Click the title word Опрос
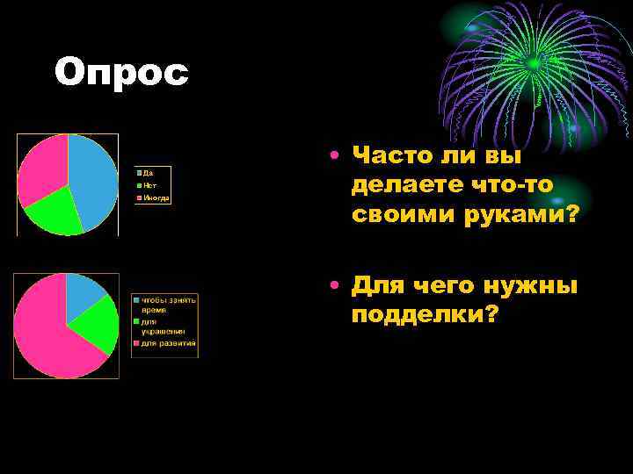pyautogui.click(x=121, y=73)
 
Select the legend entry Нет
pyautogui.click(x=150, y=185)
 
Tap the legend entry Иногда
pyautogui.click(x=156, y=198)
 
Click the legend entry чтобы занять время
pyautogui.click(x=167, y=305)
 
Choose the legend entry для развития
pyautogui.click(x=168, y=342)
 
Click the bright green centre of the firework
pyautogui.click(x=534, y=63)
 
